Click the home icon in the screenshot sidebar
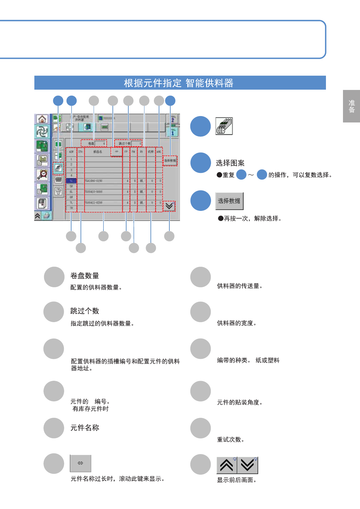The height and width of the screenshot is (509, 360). [42, 119]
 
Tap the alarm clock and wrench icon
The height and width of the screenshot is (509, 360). [42, 174]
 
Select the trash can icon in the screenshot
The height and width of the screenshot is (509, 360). [58, 191]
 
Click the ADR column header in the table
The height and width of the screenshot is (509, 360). [71, 152]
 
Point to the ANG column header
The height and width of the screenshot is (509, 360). [159, 152]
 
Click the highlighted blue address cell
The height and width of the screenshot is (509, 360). [71, 181]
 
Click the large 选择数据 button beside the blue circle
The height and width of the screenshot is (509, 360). [229, 201]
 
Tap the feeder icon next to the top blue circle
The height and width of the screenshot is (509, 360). [224, 126]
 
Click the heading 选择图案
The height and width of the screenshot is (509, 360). [230, 163]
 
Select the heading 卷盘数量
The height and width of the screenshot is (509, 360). [85, 276]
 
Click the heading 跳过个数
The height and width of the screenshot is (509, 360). [85, 311]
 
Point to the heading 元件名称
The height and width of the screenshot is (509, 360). [85, 428]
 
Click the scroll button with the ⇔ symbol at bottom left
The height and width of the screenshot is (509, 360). [81, 463]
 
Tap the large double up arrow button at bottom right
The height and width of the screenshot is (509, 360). [227, 465]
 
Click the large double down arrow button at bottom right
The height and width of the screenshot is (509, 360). [247, 465]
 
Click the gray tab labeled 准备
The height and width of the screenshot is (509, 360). [351, 106]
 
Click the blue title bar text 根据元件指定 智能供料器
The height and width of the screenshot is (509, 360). [178, 83]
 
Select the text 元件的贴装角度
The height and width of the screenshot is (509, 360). [239, 403]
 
